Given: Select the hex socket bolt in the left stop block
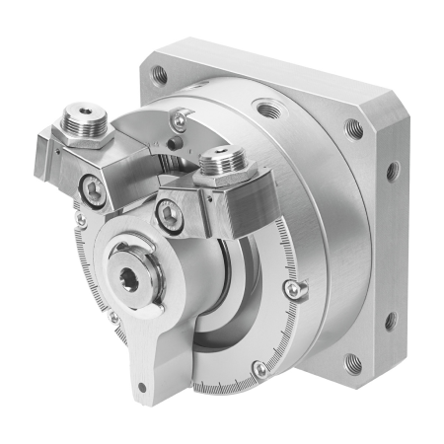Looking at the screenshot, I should click(x=92, y=193).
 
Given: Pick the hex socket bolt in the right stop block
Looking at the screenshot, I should click(x=170, y=211).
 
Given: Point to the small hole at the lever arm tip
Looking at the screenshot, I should click(x=142, y=387).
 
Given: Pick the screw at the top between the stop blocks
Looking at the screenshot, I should click(x=178, y=120).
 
